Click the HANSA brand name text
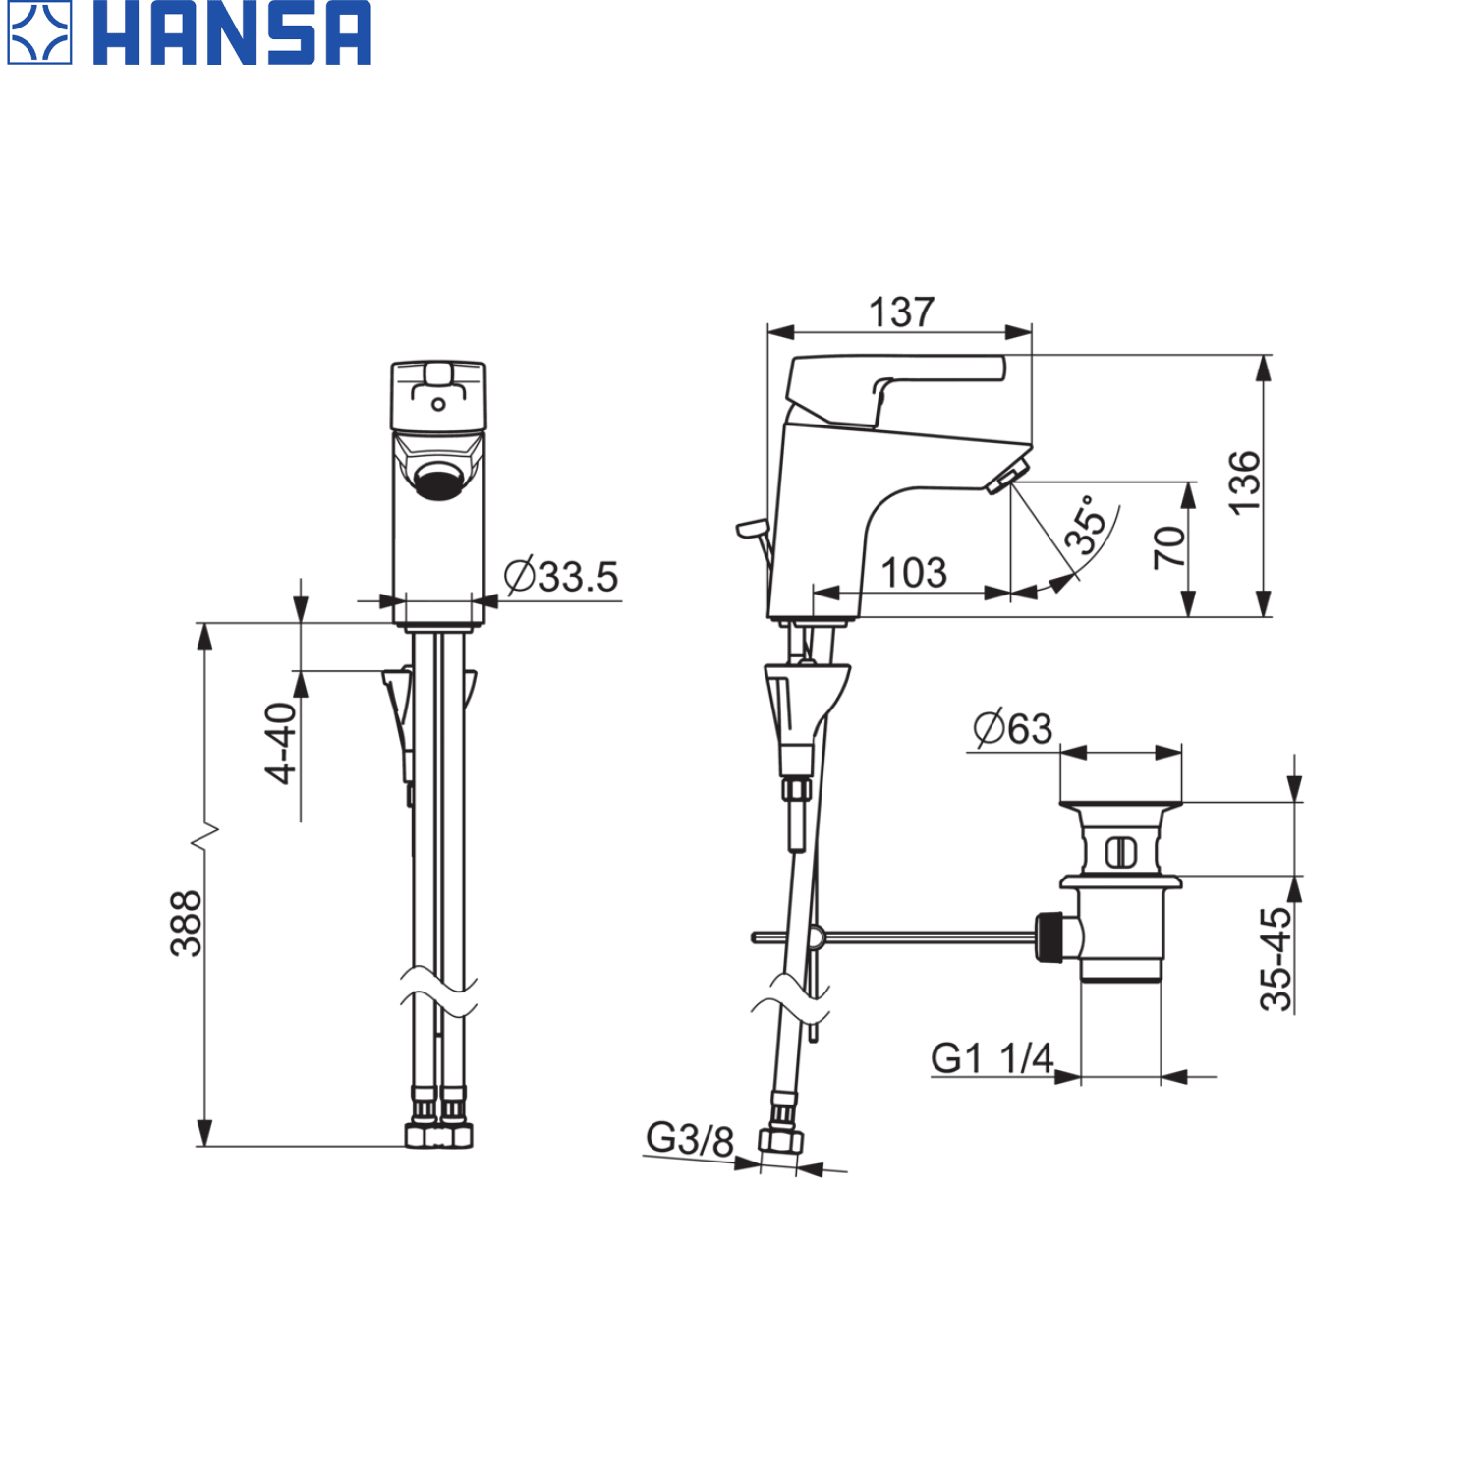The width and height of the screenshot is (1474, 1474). tap(232, 33)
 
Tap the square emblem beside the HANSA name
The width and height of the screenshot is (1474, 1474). tap(39, 33)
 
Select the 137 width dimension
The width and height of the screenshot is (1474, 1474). tap(901, 312)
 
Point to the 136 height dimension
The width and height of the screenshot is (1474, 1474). tap(1244, 482)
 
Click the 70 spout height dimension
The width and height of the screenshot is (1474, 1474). tap(1169, 547)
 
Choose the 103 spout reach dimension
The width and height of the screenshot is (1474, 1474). tap(914, 572)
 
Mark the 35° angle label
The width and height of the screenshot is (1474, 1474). tap(1086, 525)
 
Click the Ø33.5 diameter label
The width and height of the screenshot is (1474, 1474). tap(561, 576)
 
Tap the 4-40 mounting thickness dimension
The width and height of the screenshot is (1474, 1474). tap(281, 743)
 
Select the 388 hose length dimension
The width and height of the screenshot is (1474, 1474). tap(186, 924)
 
